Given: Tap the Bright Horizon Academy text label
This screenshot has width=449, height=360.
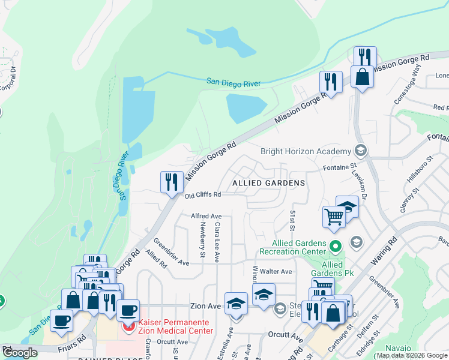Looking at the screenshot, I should coord(305,151).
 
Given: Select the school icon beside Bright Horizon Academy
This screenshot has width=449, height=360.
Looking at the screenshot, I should coord(360,150).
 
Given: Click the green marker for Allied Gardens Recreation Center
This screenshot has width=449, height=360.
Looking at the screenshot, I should coord(336,245).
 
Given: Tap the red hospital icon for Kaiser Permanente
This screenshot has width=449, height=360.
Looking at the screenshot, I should coord(128,327).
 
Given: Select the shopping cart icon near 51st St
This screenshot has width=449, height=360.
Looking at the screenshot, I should coord(334,217).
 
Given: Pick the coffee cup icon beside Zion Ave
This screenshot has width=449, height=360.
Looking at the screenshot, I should coord(128,311).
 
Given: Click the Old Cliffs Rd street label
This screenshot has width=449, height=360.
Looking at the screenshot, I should coord(203,194).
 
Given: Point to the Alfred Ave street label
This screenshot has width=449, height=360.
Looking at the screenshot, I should coord(206,216).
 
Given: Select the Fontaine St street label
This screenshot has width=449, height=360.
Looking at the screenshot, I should coord(340,169).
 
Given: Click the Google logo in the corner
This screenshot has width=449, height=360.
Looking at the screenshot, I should coord(20,353).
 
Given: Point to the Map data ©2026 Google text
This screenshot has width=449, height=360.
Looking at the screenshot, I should coord(411,355).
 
